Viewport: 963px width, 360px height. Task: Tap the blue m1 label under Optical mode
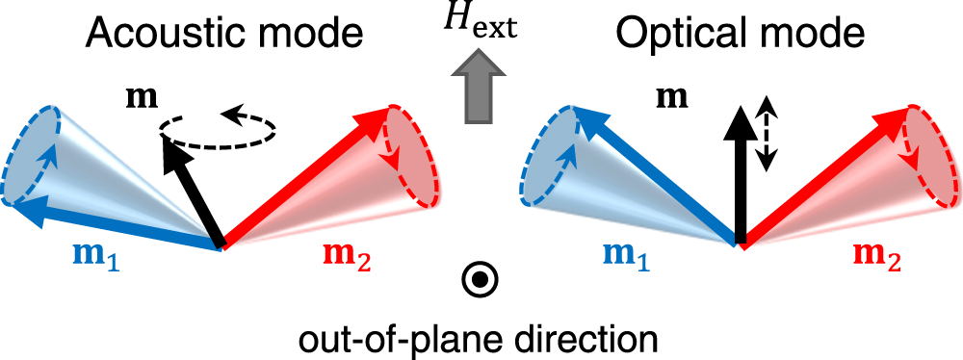tap(626, 258)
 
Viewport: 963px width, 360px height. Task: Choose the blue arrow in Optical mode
tap(655, 184)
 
